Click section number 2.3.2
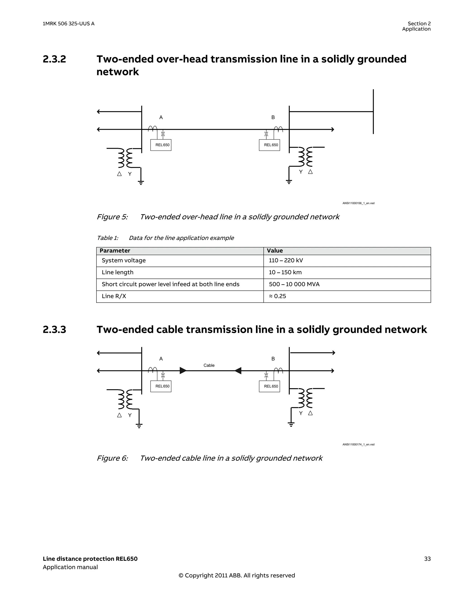click(x=54, y=59)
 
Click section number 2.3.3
click(x=54, y=329)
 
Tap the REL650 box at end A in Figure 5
click(x=161, y=145)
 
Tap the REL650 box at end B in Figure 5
click(x=269, y=145)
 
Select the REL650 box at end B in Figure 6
click(x=269, y=386)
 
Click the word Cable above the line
click(x=209, y=365)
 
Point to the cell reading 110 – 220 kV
click(x=286, y=260)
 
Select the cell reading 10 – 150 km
click(x=285, y=272)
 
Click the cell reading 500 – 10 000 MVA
click(x=294, y=284)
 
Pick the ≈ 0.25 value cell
click(x=277, y=296)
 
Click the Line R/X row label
click(x=114, y=296)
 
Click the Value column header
click(x=275, y=251)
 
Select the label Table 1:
click(x=107, y=238)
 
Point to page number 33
click(x=427, y=559)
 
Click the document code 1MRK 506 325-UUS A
click(x=69, y=24)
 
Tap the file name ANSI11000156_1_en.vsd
click(x=358, y=203)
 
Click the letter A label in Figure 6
click(x=161, y=359)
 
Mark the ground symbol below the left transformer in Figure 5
click(x=141, y=183)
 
